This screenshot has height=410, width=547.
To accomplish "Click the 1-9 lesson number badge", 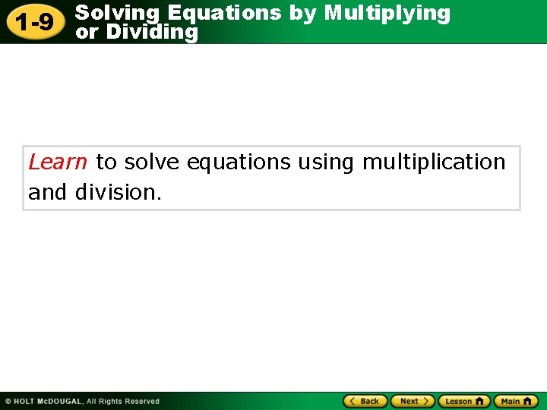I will [35, 22].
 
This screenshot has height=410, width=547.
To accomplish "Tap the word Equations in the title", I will [224, 13].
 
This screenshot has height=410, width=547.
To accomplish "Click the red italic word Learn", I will [58, 162].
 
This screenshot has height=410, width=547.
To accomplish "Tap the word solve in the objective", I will [151, 162].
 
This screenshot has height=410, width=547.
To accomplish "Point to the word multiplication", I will [434, 162].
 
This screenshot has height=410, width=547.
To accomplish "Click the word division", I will [118, 192].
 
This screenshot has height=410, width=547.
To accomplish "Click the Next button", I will [413, 401].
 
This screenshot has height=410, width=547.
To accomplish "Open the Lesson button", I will [463, 401].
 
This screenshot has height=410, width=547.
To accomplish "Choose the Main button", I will [516, 401].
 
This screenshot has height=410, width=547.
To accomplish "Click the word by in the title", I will [302, 13].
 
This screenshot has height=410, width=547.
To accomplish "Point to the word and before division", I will [47, 192].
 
